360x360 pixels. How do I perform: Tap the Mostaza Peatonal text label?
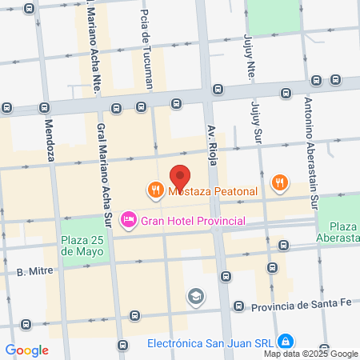tap(212, 191)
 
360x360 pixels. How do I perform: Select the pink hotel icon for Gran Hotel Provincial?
tap(127, 219)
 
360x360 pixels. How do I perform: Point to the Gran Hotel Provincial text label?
tap(192, 220)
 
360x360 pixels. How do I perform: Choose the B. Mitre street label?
tap(34, 271)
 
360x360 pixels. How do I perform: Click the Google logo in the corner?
tap(27, 350)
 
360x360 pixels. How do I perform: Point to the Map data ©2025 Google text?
tap(311, 354)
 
